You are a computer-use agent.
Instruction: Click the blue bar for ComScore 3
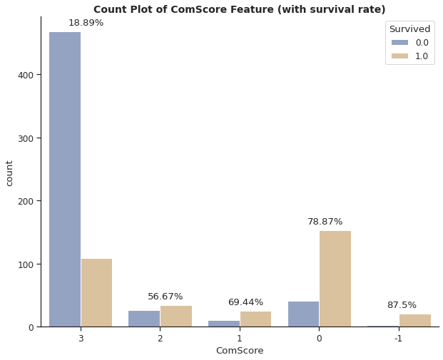pos(65,179)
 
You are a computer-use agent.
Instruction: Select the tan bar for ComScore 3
pos(96,292)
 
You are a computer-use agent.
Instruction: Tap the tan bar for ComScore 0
pos(335,279)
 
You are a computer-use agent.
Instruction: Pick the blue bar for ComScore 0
pos(303,314)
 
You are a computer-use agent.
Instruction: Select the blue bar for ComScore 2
pos(144,319)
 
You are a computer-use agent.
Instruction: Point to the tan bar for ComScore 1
pos(255,319)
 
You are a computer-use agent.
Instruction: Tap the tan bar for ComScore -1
pos(414,321)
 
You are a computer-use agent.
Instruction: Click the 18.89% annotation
pos(86,23)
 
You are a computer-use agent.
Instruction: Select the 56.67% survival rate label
pos(166,297)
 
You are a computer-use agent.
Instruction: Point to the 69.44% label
pos(245,302)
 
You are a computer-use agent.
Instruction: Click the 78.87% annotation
pos(325,222)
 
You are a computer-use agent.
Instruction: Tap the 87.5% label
pos(402,305)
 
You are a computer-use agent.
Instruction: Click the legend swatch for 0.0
pos(399,43)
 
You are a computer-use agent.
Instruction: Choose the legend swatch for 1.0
pos(399,56)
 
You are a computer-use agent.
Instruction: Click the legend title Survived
pos(409,29)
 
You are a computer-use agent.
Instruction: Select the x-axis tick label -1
pos(398,339)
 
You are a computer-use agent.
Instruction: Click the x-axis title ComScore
pos(240,351)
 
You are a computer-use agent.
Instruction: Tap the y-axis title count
pos(9,173)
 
